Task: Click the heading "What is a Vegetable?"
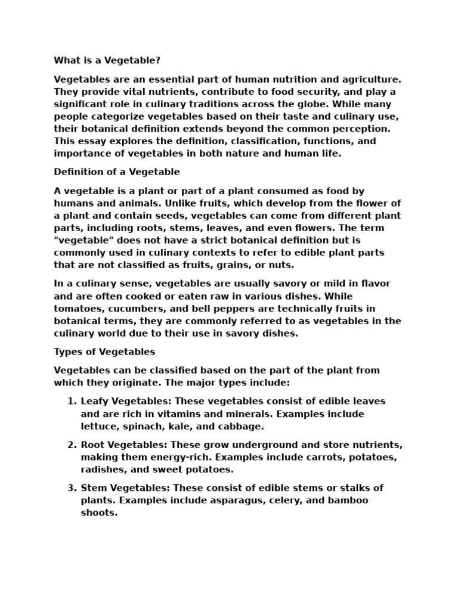107,60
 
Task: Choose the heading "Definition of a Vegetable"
117,172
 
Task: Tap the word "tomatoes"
76,309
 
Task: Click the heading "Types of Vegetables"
104,351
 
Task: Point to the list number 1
71,402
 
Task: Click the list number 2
71,445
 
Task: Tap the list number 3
71,488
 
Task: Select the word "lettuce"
98,427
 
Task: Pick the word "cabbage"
242,427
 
